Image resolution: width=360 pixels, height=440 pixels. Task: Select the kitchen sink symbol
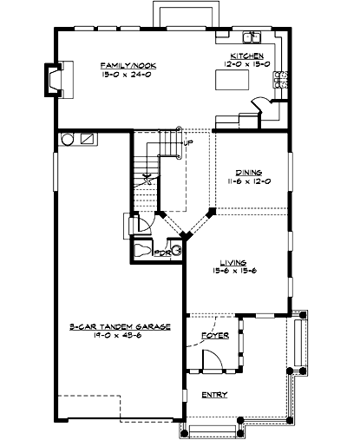[252, 38]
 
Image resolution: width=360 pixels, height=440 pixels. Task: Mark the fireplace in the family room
[54, 81]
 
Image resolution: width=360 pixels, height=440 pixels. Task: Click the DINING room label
[250, 173]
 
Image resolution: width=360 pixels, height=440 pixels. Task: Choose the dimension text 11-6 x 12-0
[250, 181]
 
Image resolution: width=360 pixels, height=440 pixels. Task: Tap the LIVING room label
[233, 262]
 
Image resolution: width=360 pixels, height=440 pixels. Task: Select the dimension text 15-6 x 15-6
[233, 271]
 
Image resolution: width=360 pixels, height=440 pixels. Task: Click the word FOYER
[213, 335]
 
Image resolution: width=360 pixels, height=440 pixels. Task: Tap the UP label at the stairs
[187, 142]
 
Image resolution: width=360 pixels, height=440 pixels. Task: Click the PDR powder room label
[160, 253]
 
